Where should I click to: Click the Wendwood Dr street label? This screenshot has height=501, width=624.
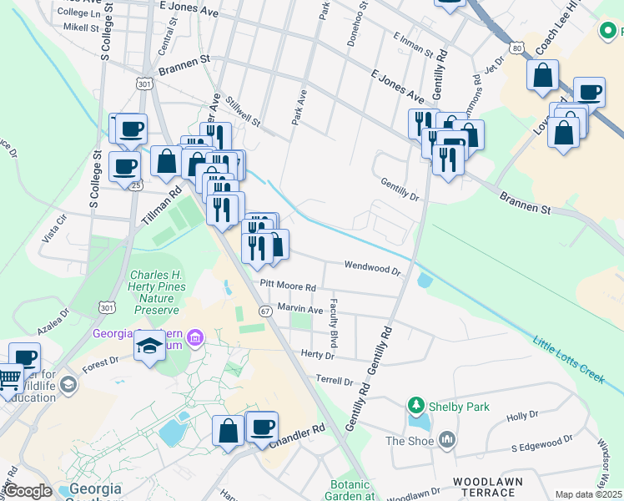pyautogui.click(x=374, y=268)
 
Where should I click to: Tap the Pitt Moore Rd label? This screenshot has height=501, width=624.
pyautogui.click(x=288, y=286)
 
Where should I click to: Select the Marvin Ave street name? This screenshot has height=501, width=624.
pyautogui.click(x=300, y=309)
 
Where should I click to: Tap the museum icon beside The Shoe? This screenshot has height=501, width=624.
pyautogui.click(x=447, y=439)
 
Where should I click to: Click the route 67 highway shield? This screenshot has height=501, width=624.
pyautogui.click(x=264, y=311)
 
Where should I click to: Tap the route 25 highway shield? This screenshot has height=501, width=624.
pyautogui.click(x=135, y=185)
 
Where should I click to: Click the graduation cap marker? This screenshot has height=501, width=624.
pyautogui.click(x=149, y=345)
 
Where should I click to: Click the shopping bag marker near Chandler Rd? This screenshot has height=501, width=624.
pyautogui.click(x=228, y=431)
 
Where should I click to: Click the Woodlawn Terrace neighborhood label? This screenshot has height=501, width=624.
pyautogui.click(x=487, y=488)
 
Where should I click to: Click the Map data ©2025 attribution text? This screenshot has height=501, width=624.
pyautogui.click(x=589, y=494)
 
